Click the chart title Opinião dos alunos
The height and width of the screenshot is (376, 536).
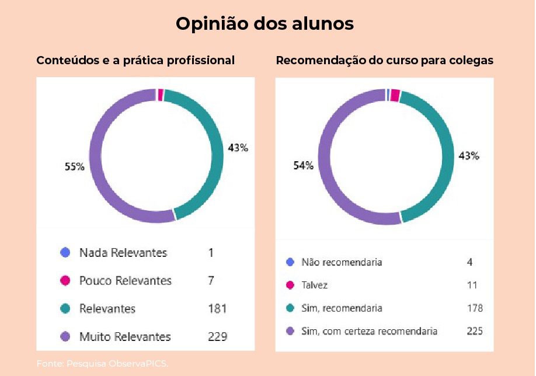point(264,24)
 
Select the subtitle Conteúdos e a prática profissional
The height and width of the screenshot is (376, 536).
point(135,61)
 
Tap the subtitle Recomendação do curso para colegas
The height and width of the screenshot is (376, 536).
point(385,61)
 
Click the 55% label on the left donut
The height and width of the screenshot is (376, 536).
point(74,166)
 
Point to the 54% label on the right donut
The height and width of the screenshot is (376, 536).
point(303,166)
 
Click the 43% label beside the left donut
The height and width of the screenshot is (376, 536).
point(238,148)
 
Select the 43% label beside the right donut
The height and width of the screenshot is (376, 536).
point(468,156)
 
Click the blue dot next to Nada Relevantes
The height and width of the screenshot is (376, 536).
point(65,253)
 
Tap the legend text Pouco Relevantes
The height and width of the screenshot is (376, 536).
point(125,281)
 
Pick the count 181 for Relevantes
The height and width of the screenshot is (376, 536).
point(217,309)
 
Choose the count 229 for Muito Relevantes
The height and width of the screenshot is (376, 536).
point(217,337)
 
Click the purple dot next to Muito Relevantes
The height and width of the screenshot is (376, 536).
point(65,337)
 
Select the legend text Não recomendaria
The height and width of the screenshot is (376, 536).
point(342,262)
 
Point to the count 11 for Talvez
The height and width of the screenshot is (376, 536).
point(472,286)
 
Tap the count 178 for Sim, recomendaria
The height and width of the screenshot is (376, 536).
point(475,308)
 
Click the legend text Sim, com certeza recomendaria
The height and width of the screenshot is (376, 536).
point(369,331)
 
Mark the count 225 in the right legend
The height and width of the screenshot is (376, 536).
point(475,331)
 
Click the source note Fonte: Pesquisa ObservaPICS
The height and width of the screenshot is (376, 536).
point(102,364)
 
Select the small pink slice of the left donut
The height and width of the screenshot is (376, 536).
point(161,95)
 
